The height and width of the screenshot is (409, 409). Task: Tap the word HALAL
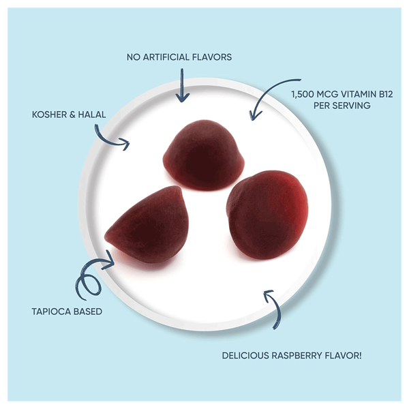91,115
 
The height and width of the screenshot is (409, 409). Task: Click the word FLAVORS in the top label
212,57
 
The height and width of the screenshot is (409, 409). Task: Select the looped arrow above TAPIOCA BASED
92,276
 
